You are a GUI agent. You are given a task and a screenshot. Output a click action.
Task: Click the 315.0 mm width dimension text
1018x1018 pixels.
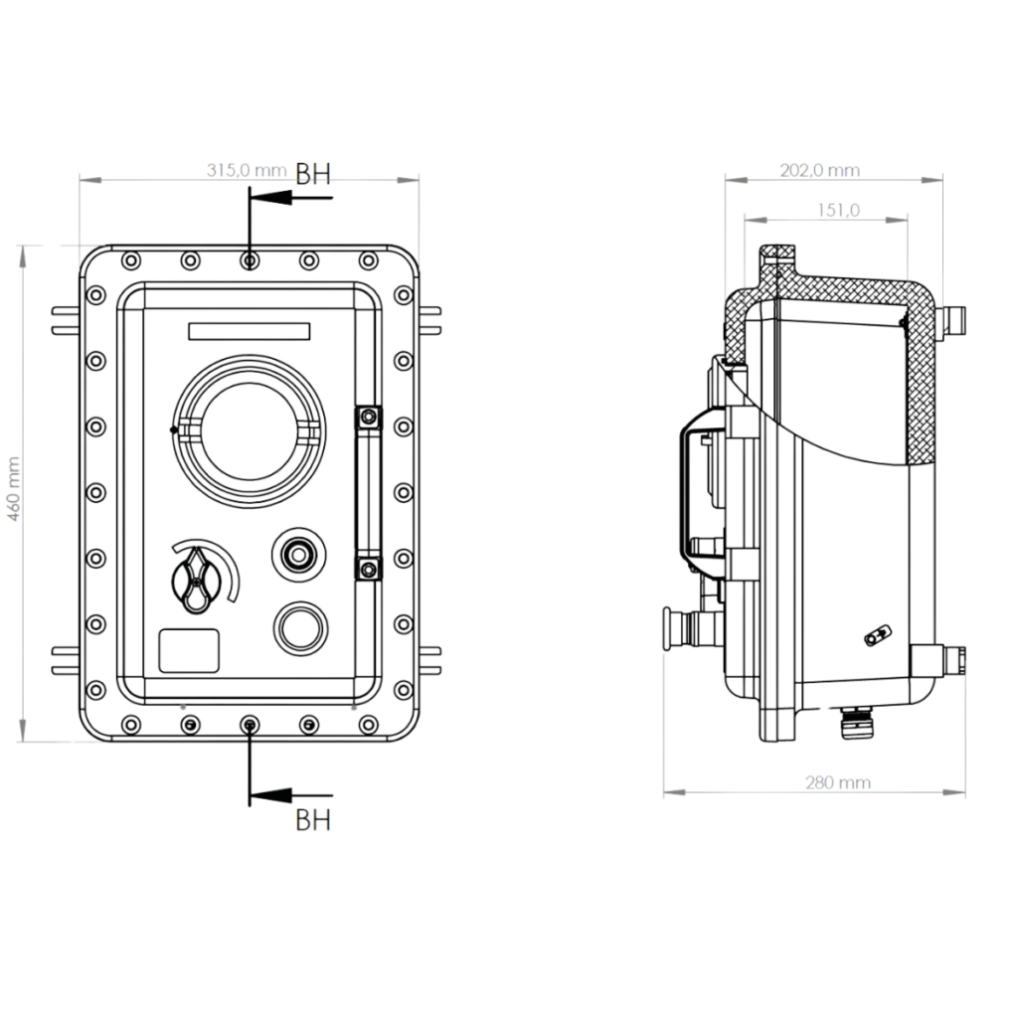245,171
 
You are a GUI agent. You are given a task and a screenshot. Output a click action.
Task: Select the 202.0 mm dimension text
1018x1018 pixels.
818,170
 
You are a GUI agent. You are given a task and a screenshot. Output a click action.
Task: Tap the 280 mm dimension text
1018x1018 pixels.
837,784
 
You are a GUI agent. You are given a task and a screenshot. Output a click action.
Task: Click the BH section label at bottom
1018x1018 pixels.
313,821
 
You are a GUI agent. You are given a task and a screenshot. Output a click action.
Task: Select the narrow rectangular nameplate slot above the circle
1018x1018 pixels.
249,329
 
